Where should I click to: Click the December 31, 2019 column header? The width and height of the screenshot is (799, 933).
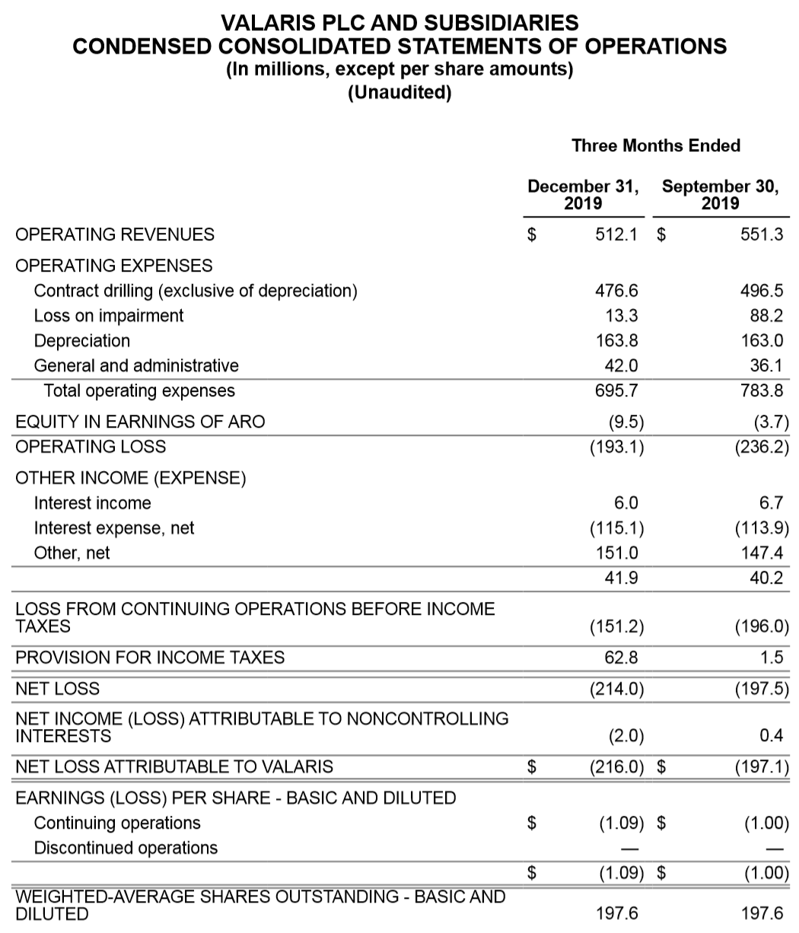pos(583,195)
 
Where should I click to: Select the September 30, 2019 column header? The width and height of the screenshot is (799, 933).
pos(720,195)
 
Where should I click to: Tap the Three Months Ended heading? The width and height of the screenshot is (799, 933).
pos(656,145)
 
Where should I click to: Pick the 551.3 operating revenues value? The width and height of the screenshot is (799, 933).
pos(762,234)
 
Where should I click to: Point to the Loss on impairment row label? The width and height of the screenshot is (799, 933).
pos(109,316)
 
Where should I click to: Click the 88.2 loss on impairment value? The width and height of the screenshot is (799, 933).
pos(767,316)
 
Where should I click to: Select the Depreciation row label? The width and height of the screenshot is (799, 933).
pos(82,341)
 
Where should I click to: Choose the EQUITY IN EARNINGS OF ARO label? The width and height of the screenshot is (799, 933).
pos(141,422)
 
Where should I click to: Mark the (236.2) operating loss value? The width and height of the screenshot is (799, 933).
pos(762,447)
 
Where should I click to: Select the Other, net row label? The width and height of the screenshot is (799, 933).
pos(72,553)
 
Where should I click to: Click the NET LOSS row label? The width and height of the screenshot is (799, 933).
pos(58,689)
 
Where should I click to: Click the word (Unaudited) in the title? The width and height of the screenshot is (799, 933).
pos(399,94)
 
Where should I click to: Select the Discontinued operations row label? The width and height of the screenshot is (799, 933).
pos(126,848)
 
